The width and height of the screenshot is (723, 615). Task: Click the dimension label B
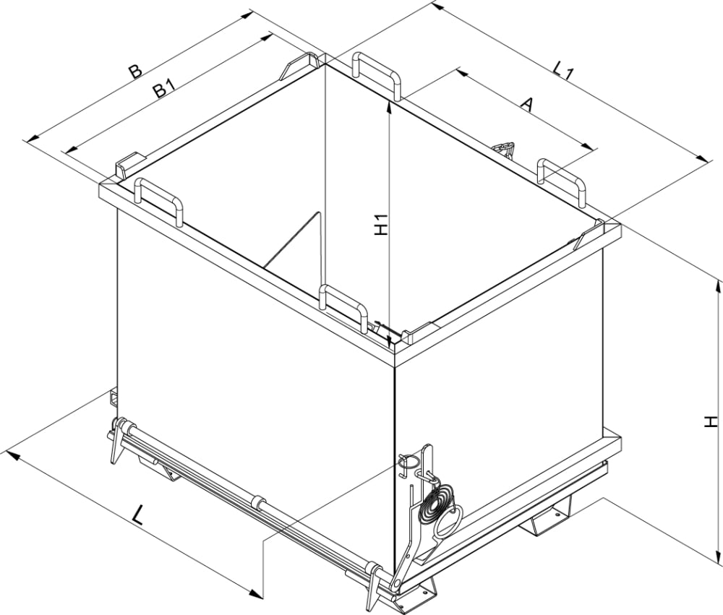click(x=134, y=72)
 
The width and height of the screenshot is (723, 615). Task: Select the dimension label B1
click(x=163, y=89)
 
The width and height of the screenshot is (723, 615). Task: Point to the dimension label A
click(x=526, y=105)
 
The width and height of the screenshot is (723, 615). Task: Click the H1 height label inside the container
click(x=381, y=225)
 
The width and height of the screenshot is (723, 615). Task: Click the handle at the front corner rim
click(x=344, y=304)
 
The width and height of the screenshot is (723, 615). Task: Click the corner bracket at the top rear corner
click(x=301, y=64)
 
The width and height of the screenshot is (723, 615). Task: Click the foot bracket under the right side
click(x=552, y=515)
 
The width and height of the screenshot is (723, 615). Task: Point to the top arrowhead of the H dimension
click(x=717, y=286)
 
